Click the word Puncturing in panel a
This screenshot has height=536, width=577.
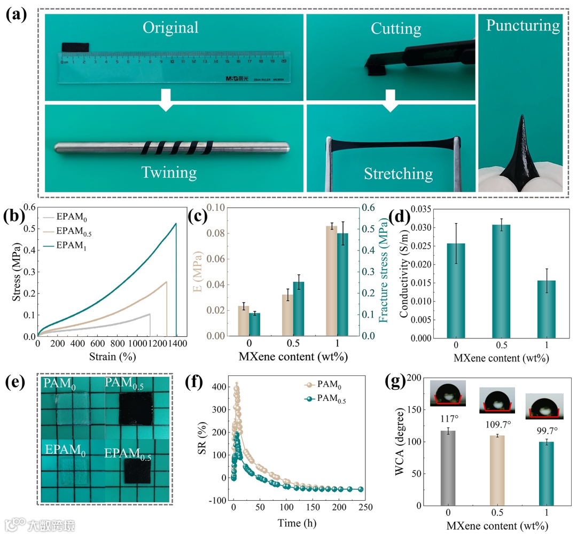[x=523, y=26]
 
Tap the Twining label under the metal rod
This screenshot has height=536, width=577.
[x=169, y=172]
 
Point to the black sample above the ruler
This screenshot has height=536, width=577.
[x=75, y=48]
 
